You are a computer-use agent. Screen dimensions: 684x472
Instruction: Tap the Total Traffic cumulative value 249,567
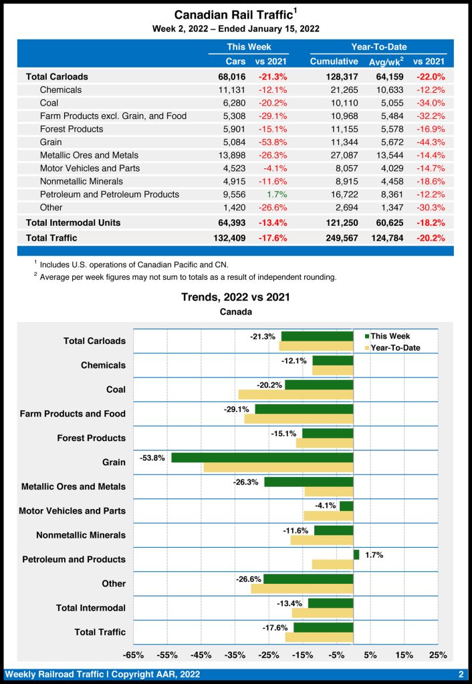pyautogui.click(x=334, y=238)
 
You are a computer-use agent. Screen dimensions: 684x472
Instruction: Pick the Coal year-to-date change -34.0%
pyautogui.click(x=431, y=103)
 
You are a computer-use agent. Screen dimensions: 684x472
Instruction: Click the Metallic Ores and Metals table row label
pyautogui.click(x=90, y=155)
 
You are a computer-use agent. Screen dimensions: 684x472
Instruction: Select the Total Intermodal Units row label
pyautogui.click(x=73, y=222)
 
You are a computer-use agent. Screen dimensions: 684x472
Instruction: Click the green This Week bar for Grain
pyautogui.click(x=262, y=458)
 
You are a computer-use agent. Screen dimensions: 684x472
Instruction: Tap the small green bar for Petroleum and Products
pyautogui.click(x=356, y=554)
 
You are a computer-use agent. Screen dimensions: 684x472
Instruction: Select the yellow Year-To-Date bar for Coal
pyautogui.click(x=296, y=394)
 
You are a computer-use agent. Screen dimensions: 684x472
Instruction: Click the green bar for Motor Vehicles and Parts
pyautogui.click(x=346, y=506)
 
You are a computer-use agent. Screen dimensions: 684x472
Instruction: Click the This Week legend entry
pyautogui.click(x=390, y=336)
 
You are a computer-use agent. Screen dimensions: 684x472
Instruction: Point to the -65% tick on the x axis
pyautogui.click(x=134, y=655)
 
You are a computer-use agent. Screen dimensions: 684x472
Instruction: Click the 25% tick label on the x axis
pyautogui.click(x=438, y=655)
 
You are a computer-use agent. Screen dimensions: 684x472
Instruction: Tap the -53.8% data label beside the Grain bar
pyautogui.click(x=152, y=458)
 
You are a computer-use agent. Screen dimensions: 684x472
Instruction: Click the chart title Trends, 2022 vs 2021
pyautogui.click(x=235, y=297)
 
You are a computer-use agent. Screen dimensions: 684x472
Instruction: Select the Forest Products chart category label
pyautogui.click(x=91, y=438)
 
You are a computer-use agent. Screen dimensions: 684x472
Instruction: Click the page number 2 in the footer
pyautogui.click(x=461, y=674)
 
